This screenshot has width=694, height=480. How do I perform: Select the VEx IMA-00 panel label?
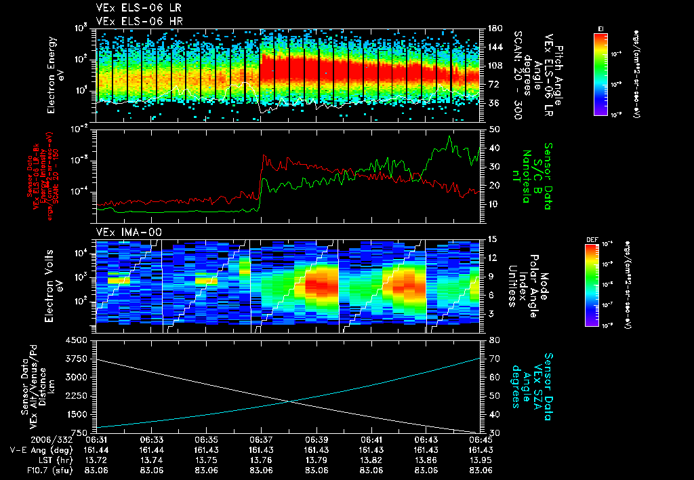coord(120,232)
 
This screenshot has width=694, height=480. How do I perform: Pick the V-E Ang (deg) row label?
coord(35,450)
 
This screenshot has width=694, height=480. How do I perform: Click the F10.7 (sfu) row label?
coord(37,469)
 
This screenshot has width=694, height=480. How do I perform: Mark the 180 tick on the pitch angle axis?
coord(494,28)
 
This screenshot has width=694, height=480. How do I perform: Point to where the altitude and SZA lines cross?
coord(290,401)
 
